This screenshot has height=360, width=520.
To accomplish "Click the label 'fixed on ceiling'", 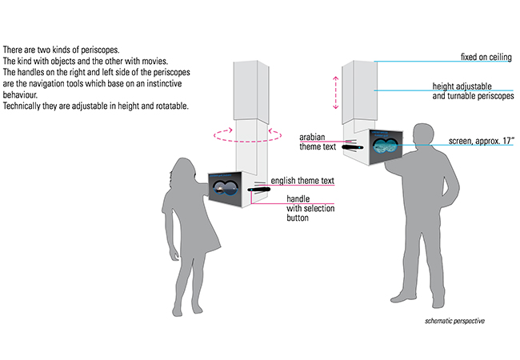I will pyautogui.click(x=486, y=57).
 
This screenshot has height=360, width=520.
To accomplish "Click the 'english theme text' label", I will pyautogui.click(x=302, y=181).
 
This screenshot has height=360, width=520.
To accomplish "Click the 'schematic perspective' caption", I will pyautogui.click(x=455, y=322).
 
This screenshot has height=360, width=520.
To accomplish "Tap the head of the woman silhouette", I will pyautogui.click(x=182, y=169).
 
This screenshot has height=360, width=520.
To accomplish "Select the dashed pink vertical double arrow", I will pyautogui.click(x=336, y=92).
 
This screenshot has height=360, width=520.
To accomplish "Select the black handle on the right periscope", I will pyautogui.click(x=354, y=148).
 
